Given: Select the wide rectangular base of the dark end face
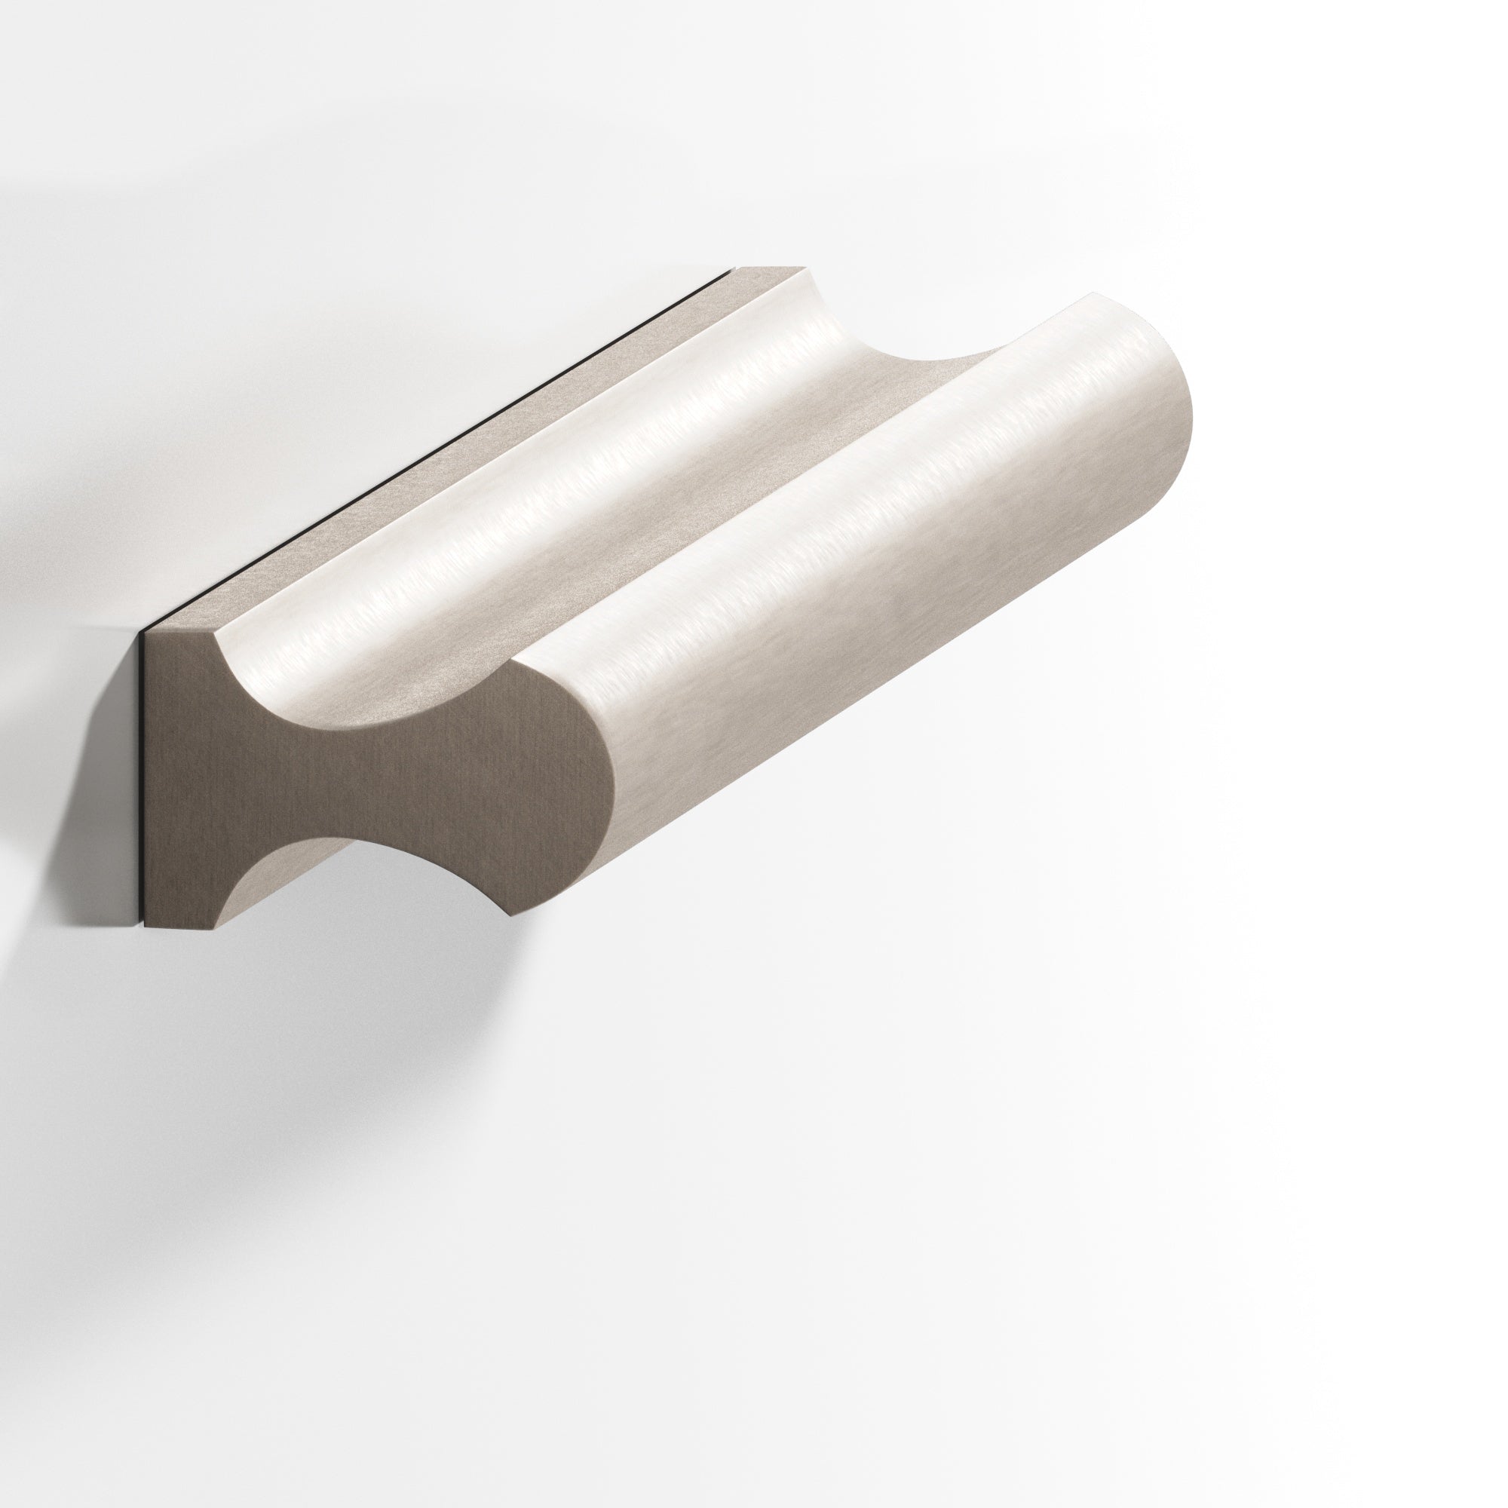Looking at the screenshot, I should [195, 780].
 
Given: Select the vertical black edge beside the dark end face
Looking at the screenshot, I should [143, 780].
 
